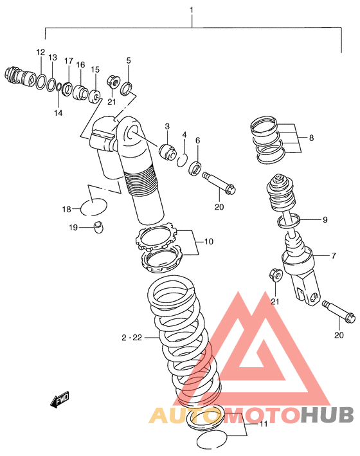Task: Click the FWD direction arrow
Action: (x=60, y=399)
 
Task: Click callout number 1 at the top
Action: (x=192, y=10)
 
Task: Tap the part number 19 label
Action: (x=73, y=227)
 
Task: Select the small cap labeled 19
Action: (x=99, y=227)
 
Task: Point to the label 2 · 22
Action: (x=132, y=338)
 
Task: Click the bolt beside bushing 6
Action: (x=219, y=183)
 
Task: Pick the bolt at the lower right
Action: (x=339, y=311)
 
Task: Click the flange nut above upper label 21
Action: (x=113, y=82)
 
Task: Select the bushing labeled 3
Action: (x=168, y=152)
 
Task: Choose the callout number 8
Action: (x=311, y=138)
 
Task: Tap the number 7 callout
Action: (x=334, y=255)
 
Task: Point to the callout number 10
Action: (x=209, y=241)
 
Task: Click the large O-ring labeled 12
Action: (x=41, y=82)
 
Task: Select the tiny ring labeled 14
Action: (x=59, y=87)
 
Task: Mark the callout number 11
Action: (x=264, y=424)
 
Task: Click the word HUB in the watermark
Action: (x=327, y=415)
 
